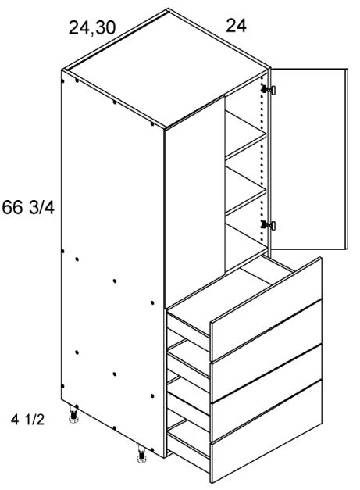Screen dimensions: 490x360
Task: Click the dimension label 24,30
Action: (92, 29)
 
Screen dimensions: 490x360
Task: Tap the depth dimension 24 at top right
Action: (236, 27)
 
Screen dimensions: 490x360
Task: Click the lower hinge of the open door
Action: (269, 226)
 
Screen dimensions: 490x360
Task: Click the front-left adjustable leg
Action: (76, 415)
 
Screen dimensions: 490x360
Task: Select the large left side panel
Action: (113, 258)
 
